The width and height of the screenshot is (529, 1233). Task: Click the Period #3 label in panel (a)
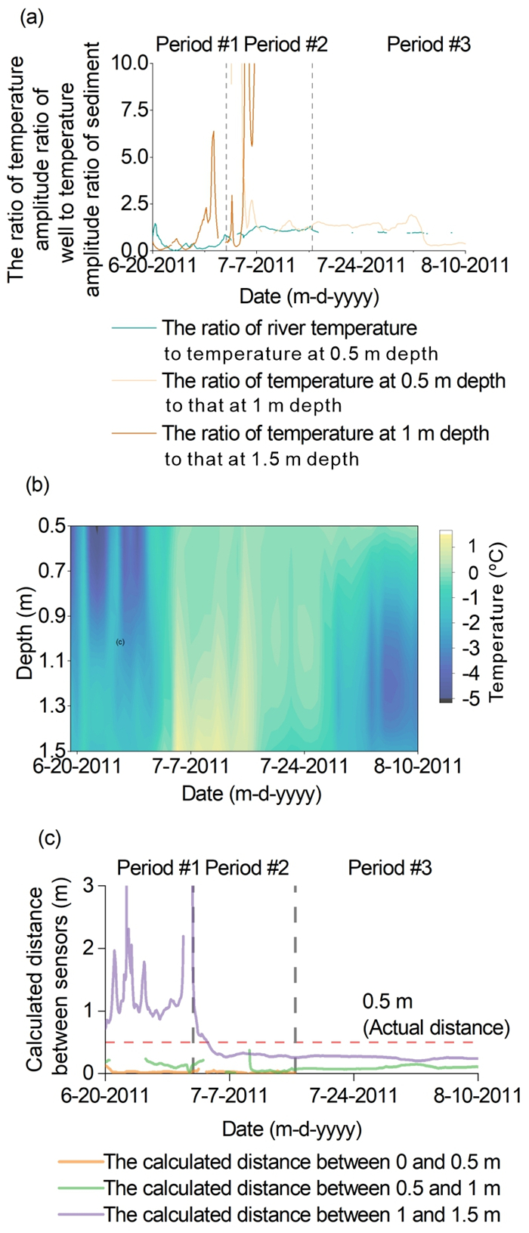coord(428,45)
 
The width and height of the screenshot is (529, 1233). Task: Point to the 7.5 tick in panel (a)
coord(135,110)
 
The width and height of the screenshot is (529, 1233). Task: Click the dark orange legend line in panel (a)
coord(134,434)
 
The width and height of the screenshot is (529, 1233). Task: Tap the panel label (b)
coord(37,485)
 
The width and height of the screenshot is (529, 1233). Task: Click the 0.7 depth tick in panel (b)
coord(52,571)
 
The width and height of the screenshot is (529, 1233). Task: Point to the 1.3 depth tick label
coord(52,706)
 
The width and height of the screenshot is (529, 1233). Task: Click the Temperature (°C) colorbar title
coord(497,621)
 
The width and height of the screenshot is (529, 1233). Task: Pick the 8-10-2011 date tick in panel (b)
coord(418,766)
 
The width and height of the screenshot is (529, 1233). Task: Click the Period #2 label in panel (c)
coord(247,867)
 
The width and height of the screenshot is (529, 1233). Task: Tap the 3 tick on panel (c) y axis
coord(89,885)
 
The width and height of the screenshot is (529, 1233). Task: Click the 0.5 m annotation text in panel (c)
coord(388,1002)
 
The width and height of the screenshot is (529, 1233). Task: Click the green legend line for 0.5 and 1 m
coord(79,1188)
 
